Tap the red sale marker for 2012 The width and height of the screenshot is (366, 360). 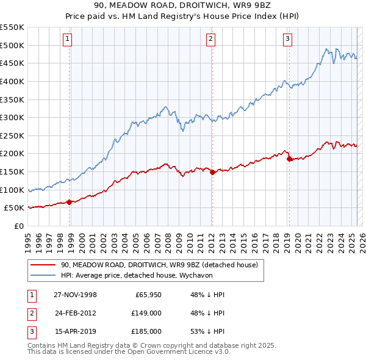coord(212,172)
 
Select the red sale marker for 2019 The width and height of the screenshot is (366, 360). coord(290,159)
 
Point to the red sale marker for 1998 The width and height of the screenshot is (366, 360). coord(70,202)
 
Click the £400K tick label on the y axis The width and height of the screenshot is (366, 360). coord(12,81)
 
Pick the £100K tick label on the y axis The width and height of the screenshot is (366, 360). coord(12,190)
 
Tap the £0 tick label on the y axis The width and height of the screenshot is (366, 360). coord(18,226)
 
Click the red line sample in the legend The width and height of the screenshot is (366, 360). coord(43,265)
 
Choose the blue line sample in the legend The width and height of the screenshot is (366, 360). coord(43,275)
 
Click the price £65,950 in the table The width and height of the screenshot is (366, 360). coord(147,295)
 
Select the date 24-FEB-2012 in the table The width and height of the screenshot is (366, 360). coord(76,313)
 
